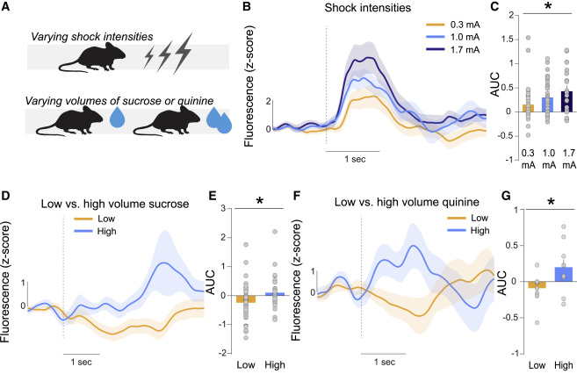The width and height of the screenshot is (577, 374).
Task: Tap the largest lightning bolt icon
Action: tap(183, 58)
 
